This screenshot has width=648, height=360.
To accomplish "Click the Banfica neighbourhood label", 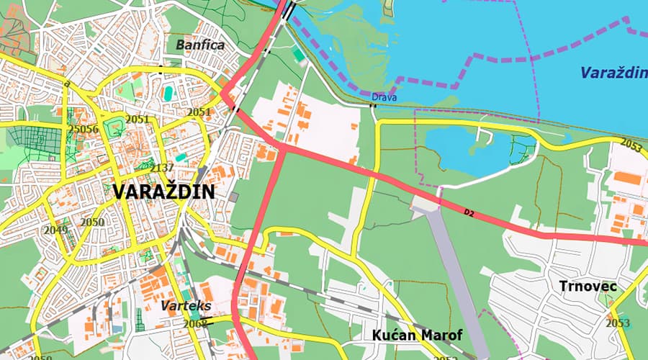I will pyautogui.click(x=200, y=45).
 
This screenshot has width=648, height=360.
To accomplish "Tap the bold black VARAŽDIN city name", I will pyautogui.click(x=163, y=192).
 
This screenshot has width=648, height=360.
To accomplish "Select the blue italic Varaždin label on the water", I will pyautogui.click(x=614, y=73).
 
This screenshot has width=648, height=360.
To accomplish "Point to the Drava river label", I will pyautogui.click(x=384, y=97).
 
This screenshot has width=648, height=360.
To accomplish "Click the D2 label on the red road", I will pyautogui.click(x=470, y=213).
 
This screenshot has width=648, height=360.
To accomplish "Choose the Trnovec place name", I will pyautogui.click(x=588, y=287).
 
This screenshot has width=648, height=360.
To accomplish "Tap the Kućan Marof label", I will pyautogui.click(x=418, y=336).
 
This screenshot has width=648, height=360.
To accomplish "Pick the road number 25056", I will pyautogui.click(x=83, y=130).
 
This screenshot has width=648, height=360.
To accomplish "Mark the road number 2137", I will pyautogui.click(x=163, y=168).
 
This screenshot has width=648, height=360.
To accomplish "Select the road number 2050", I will pyautogui.click(x=92, y=222).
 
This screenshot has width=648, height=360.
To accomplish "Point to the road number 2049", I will pyautogui.click(x=55, y=230).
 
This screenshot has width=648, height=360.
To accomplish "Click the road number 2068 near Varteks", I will pyautogui.click(x=195, y=324).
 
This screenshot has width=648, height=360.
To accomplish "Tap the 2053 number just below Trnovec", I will pyautogui.click(x=617, y=323).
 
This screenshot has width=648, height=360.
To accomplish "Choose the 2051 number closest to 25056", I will pyautogui.click(x=137, y=120).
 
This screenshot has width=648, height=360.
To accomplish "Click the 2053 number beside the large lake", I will pyautogui.click(x=630, y=147).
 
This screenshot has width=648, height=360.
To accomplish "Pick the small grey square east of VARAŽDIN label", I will pyautogui.click(x=233, y=197).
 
